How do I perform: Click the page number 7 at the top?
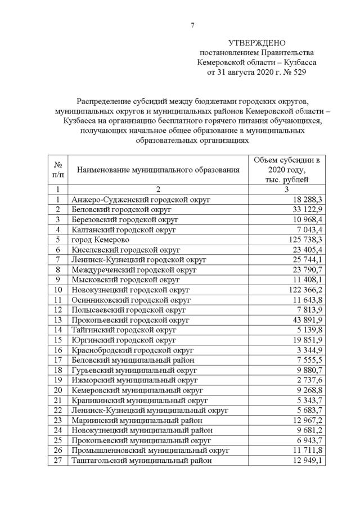tap(192, 25)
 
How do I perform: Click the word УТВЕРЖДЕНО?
tap(257, 43)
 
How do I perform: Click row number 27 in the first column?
tap(57, 460)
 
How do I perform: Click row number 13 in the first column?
tap(57, 319)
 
